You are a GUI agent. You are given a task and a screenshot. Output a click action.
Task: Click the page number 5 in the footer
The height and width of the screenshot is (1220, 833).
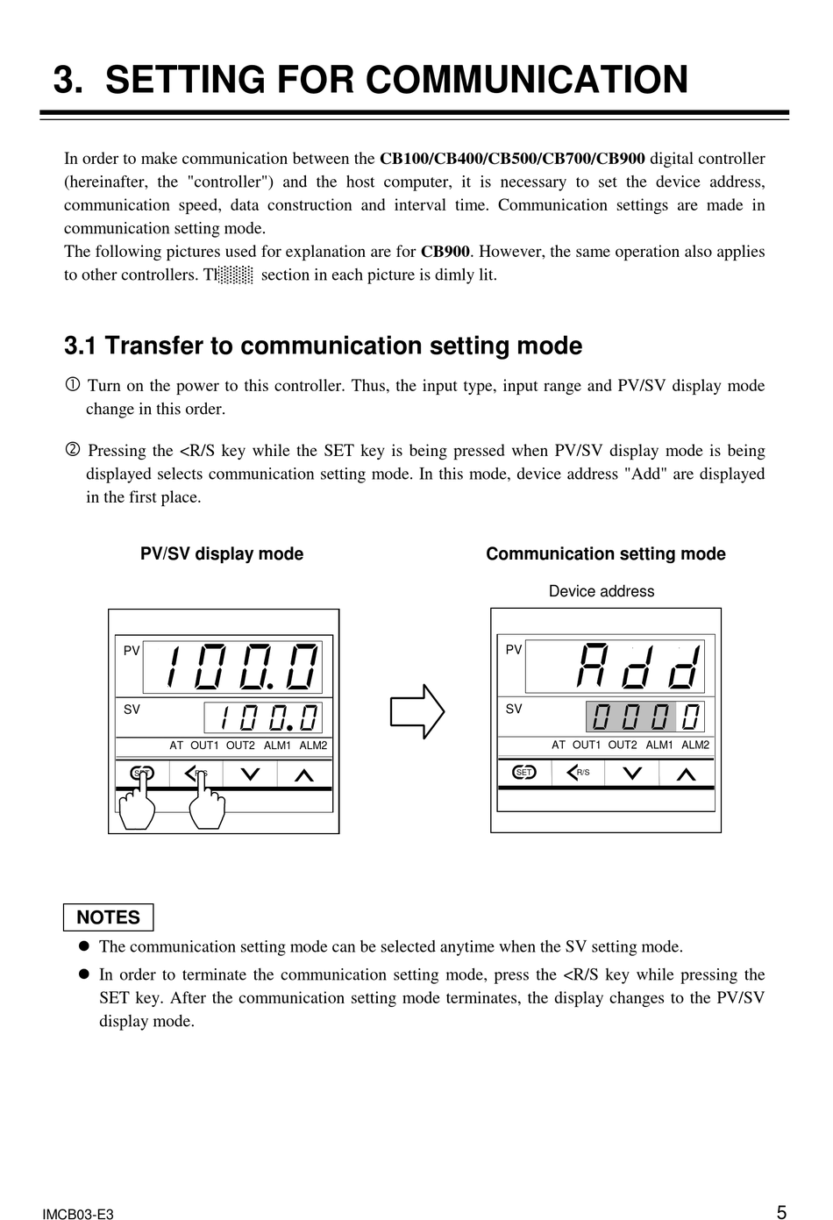[780, 1212]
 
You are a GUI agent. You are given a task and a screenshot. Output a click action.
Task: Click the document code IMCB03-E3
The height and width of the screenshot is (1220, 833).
[78, 1214]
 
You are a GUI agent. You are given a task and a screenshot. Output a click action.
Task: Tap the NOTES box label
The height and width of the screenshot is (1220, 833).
[108, 917]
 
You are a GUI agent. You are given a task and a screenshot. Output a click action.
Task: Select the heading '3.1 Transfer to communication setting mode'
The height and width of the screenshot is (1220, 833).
[323, 346]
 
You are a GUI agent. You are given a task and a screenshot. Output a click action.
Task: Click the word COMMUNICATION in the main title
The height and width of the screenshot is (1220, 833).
[526, 80]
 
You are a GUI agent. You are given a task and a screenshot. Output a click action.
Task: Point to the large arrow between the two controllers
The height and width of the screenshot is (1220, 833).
[417, 711]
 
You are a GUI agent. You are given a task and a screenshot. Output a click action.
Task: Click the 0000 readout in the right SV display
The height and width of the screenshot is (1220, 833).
[646, 717]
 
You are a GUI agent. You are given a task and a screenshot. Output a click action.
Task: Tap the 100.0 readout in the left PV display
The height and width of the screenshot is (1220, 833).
[243, 667]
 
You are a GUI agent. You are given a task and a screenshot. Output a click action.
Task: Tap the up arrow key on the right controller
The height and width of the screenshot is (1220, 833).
[687, 774]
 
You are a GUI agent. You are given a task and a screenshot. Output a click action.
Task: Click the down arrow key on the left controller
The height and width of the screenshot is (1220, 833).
[250, 774]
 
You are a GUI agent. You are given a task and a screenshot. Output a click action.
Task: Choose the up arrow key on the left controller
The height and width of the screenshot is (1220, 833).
[304, 775]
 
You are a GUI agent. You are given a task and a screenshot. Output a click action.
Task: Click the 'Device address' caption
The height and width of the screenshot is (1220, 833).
[602, 591]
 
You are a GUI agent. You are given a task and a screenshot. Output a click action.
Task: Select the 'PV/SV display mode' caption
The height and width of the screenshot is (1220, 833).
[222, 554]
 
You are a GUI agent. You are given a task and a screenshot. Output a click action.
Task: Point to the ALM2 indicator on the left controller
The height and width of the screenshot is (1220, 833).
[313, 746]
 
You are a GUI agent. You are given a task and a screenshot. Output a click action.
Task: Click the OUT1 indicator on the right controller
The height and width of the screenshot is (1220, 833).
[587, 745]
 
